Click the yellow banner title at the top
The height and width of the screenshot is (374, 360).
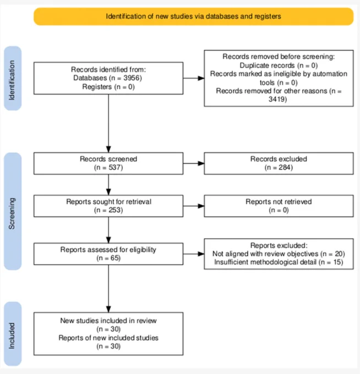click(193, 16)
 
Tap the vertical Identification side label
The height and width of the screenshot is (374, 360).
click(12, 80)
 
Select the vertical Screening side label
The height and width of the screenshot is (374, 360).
click(12, 213)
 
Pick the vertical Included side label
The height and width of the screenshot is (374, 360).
click(12, 335)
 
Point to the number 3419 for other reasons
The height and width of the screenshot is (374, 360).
click(277, 99)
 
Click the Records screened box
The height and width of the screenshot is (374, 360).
click(108, 163)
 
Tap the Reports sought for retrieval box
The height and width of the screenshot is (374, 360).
click(108, 206)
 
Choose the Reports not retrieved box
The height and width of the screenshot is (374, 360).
click(279, 206)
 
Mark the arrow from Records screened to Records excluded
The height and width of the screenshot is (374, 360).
click(194, 163)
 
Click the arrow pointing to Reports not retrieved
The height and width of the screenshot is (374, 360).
click(194, 206)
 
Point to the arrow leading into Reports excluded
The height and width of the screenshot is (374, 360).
click(194, 254)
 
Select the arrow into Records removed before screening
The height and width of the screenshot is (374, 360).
click(194, 78)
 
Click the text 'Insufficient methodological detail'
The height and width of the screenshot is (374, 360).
click(265, 262)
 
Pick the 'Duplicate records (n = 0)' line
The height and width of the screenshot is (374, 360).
click(279, 65)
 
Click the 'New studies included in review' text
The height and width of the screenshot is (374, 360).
click(108, 320)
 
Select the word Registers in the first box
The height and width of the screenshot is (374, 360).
click(97, 86)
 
